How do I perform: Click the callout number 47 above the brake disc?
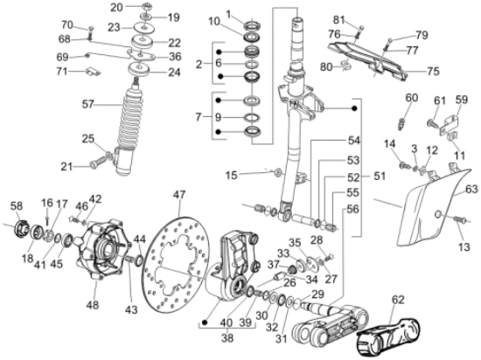point(178,193)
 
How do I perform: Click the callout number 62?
point(397,300)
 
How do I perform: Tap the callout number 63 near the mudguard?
point(471,187)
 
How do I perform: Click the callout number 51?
point(378,175)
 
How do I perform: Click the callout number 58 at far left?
point(16,205)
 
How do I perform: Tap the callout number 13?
point(463,247)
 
